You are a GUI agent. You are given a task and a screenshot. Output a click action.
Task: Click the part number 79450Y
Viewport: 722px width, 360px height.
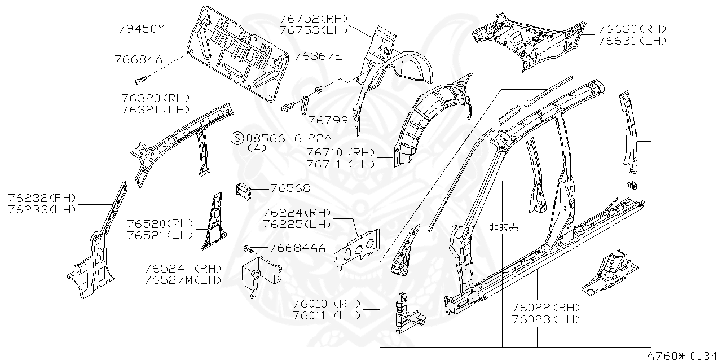[141, 29]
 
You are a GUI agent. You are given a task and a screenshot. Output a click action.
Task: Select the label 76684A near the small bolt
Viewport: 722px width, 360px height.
[138, 59]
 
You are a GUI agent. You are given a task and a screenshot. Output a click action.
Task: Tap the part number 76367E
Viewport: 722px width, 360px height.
[318, 56]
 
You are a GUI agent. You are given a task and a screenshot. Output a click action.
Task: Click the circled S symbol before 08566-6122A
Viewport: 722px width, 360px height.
[237, 138]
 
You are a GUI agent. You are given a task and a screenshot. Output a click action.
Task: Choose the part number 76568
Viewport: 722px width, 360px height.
[290, 188]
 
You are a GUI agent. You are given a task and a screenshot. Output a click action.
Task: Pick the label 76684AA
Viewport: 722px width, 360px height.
[297, 247]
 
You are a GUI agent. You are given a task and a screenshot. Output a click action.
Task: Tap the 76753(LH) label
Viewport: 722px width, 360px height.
[314, 30]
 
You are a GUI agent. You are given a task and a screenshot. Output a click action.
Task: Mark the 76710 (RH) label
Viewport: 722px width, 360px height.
[341, 152]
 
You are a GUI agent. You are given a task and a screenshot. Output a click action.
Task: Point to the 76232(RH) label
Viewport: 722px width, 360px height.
[42, 197]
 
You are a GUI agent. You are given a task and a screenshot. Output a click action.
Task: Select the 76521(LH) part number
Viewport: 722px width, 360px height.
[160, 235]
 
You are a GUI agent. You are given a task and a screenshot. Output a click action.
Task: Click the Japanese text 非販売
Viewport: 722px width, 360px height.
[503, 228]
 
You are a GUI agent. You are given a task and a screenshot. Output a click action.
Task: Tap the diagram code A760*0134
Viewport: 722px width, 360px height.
[681, 355]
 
